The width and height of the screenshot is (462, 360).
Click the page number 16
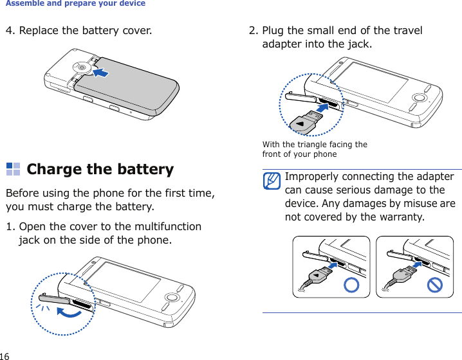[x=5, y=355]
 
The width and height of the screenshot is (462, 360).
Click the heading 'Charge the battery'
[x=100, y=170]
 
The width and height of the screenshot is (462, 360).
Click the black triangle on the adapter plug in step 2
[x=300, y=122]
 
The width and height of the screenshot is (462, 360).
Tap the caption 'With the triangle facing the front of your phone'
[x=315, y=149]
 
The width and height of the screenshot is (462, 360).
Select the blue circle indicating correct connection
[x=351, y=285]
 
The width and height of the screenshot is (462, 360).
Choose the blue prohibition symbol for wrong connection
[x=434, y=284]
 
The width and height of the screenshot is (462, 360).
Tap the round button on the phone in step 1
[x=172, y=297]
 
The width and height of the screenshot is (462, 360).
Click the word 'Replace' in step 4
[x=40, y=30]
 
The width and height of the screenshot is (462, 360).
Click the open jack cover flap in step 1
[x=55, y=298]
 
